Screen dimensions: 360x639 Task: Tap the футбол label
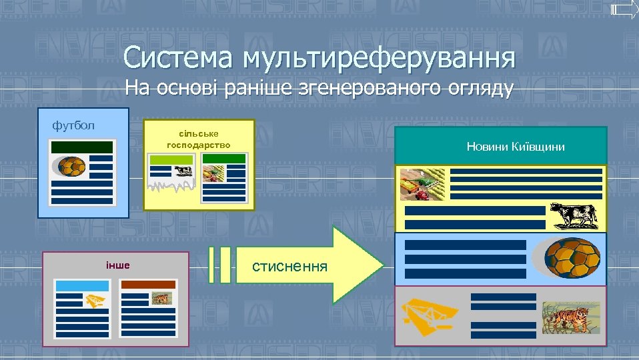click(73, 125)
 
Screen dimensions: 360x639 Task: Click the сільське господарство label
click(198, 139)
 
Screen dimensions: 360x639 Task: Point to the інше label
click(117, 265)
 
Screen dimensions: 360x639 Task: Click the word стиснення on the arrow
click(290, 267)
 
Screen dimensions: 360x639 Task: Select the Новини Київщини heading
click(515, 146)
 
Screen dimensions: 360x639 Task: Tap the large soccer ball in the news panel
click(572, 257)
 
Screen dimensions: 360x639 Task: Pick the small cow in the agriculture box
click(183, 171)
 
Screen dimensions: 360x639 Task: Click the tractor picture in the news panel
click(421, 183)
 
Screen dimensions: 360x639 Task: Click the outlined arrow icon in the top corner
click(624, 9)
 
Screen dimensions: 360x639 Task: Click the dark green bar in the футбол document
click(82, 147)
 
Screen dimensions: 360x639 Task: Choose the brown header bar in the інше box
click(147, 285)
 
